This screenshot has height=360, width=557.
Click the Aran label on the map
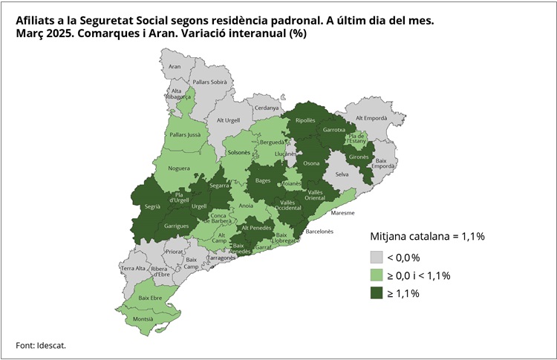tap(175, 67)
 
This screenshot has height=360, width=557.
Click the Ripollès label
tap(305, 120)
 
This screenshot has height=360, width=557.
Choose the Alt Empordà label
tap(371, 118)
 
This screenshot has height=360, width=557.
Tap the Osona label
tap(312, 163)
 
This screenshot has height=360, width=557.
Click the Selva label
tap(342, 174)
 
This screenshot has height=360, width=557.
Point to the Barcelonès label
tap(319, 232)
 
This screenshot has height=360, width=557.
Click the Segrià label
tap(153, 209)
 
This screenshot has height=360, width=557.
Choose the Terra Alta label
tap(134, 268)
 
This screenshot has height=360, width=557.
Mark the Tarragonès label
tap(221, 258)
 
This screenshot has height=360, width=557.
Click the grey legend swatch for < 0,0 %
tap(379, 258)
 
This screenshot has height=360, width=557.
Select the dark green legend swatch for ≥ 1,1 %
tap(379, 293)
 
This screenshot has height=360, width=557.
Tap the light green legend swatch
tap(379, 275)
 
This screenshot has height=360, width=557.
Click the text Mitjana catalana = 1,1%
tap(427, 237)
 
